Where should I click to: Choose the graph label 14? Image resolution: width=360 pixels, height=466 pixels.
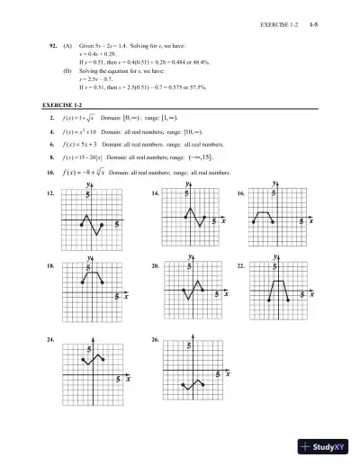(157, 194)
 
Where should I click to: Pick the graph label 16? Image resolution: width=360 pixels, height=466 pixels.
(241, 194)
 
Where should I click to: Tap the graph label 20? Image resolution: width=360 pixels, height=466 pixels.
(157, 267)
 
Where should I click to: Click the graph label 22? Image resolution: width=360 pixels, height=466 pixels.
(241, 267)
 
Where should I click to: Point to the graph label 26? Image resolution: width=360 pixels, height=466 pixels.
(157, 340)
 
